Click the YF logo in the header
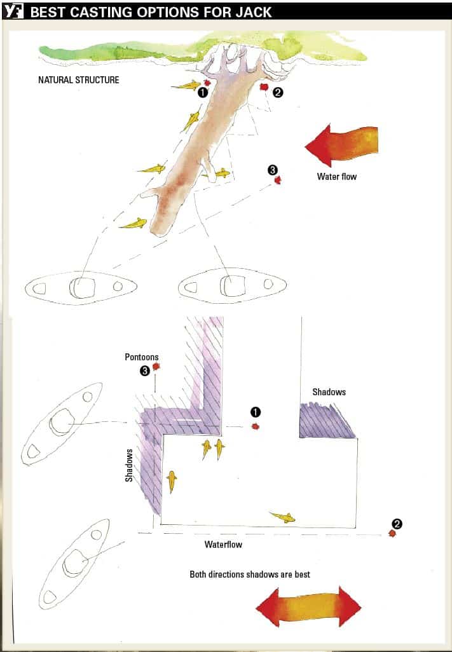coord(13,11)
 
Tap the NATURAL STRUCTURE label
coord(79,80)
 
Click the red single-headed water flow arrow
coord(341,145)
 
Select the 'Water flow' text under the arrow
coord(337,176)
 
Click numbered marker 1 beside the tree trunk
coord(203,92)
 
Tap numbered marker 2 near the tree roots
coord(278,92)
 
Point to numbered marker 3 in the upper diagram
coord(272,170)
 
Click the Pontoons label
coord(142,357)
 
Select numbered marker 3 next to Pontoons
coord(144,371)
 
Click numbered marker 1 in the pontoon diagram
coord(256,412)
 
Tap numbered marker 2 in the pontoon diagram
coord(397,524)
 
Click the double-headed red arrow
coord(308,607)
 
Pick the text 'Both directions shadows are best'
coord(250,574)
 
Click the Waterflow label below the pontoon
coord(223,545)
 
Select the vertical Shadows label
coord(129,465)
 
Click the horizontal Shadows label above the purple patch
coord(329,391)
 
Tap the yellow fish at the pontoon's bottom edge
coord(283,517)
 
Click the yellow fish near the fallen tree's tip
coord(134,224)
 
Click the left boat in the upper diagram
coord(81,288)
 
